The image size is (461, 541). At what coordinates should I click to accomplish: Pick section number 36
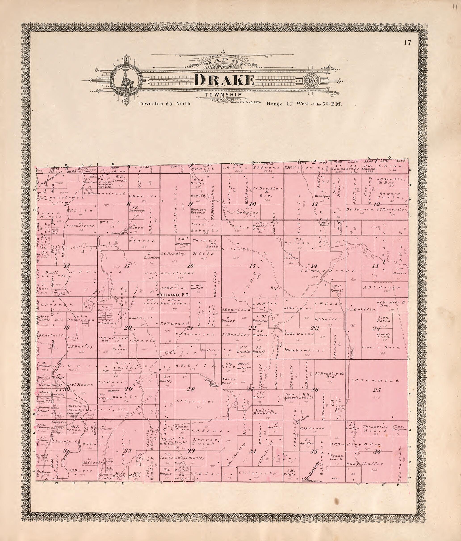tap(377, 452)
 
